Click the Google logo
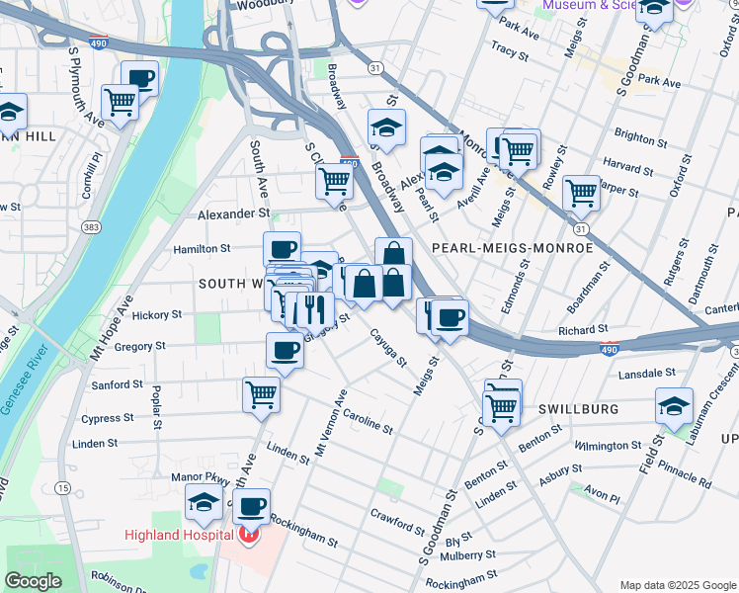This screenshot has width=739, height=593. [x=33, y=581]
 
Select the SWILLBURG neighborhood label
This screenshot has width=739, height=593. [x=579, y=409]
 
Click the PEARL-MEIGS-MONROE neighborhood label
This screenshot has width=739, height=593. [x=512, y=248]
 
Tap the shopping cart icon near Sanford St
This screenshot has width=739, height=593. [x=261, y=393]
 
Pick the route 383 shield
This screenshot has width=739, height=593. [x=90, y=226]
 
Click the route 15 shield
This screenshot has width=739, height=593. [x=62, y=488]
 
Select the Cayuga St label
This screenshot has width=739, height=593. [x=388, y=348]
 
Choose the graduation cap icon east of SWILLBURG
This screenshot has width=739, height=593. [x=674, y=405]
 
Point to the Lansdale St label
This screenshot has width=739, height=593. [x=646, y=375]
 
